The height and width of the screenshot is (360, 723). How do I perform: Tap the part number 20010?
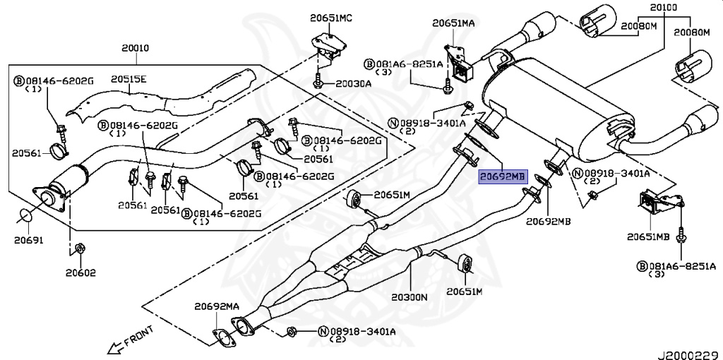pos(135,49)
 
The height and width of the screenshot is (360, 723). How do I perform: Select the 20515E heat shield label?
pos(128,79)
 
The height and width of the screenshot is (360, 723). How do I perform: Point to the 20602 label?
pos(81,272)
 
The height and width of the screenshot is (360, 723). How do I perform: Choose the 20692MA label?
pos(217,306)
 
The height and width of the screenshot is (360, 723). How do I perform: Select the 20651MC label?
pos(331,17)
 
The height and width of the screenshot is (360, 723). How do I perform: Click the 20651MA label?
pos(453,23)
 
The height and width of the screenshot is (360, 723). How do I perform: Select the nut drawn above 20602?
pos(80,248)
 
